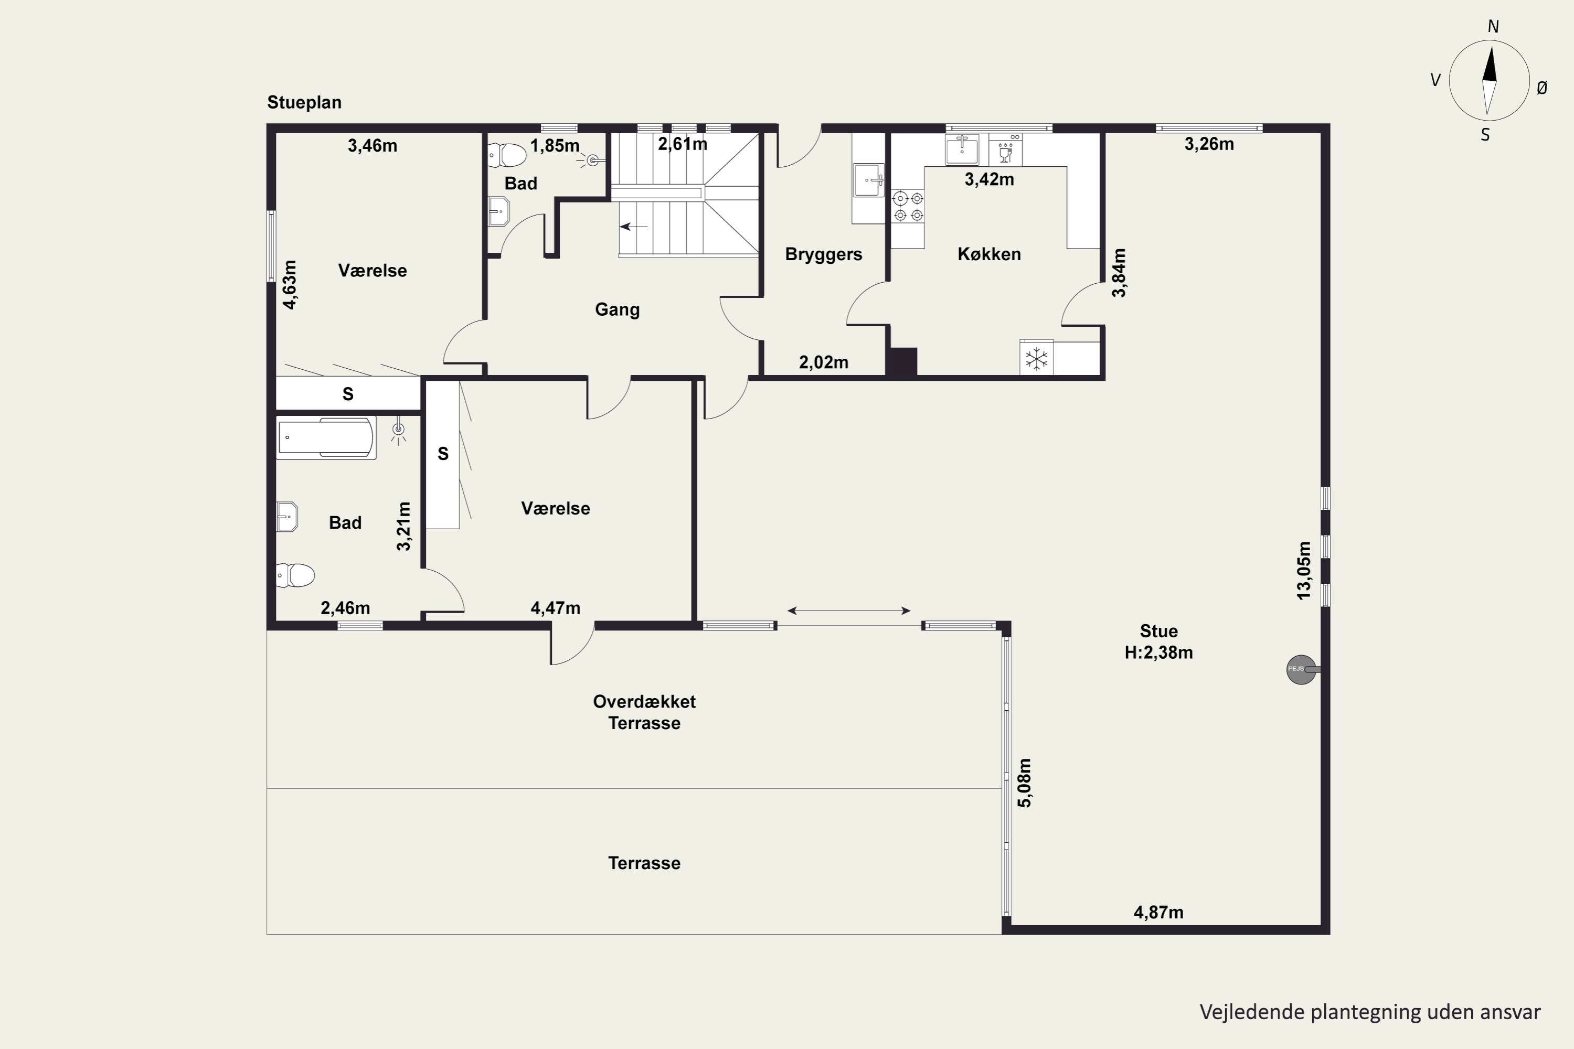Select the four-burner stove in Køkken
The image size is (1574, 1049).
coord(908,206)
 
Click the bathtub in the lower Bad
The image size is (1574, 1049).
coord(326,437)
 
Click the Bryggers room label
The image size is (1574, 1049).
coord(823,254)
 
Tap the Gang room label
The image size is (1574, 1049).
coord(617,310)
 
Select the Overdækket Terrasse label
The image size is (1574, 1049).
coord(644,712)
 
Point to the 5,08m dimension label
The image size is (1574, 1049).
coord(1025,782)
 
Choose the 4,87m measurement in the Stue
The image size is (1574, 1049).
coord(1158,912)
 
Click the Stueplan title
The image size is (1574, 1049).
coord(304,102)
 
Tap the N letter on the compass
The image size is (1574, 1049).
coord(1493,26)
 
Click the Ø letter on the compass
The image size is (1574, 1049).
coord(1542,88)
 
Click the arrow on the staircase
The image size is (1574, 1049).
coord(634,227)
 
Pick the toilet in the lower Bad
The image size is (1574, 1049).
coord(295,575)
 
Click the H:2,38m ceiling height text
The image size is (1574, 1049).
coord(1158,652)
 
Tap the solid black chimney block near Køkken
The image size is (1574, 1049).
coord(901,362)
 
